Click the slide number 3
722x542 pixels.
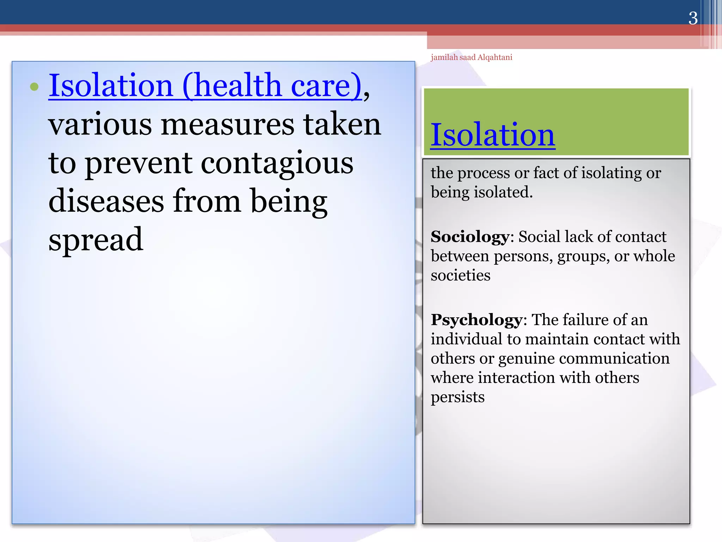point(693,18)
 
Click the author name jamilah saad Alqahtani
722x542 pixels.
point(471,58)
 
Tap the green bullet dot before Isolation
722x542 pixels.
point(34,86)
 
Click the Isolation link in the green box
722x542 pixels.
point(493,135)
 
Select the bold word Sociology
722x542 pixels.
point(470,237)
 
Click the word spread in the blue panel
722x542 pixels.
point(96,240)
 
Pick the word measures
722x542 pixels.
point(227,125)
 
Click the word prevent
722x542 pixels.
point(139,163)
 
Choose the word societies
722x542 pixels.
point(460,275)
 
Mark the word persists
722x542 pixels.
point(458,397)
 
